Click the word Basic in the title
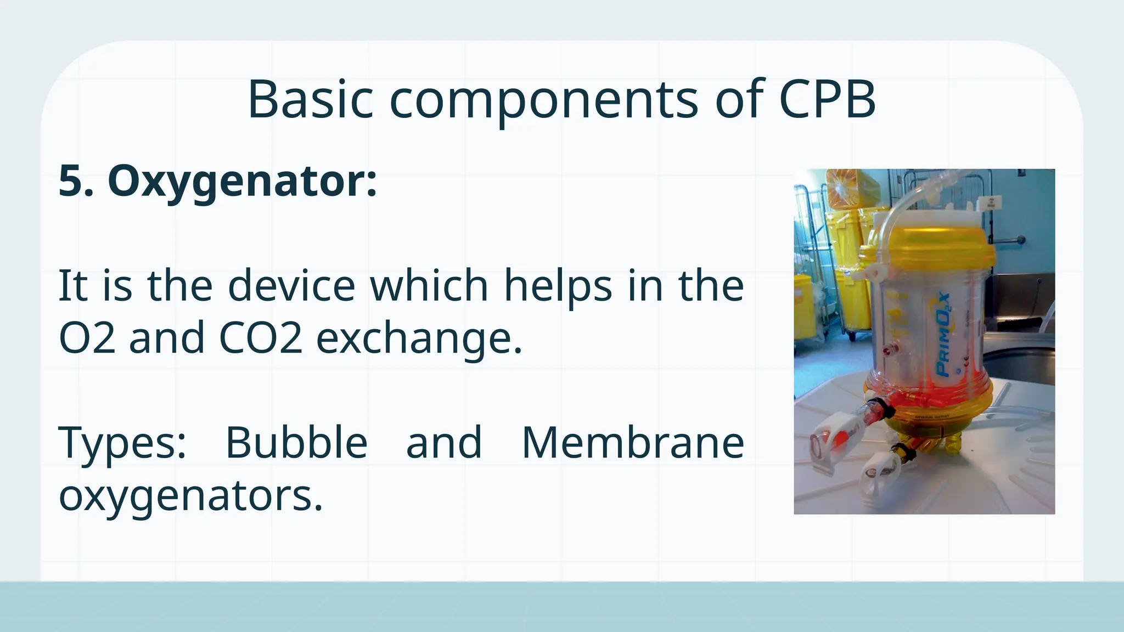[x=310, y=100]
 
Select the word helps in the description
[x=558, y=286]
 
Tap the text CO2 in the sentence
[x=260, y=338]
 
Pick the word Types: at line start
[x=122, y=443]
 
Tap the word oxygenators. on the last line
[x=190, y=496]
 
